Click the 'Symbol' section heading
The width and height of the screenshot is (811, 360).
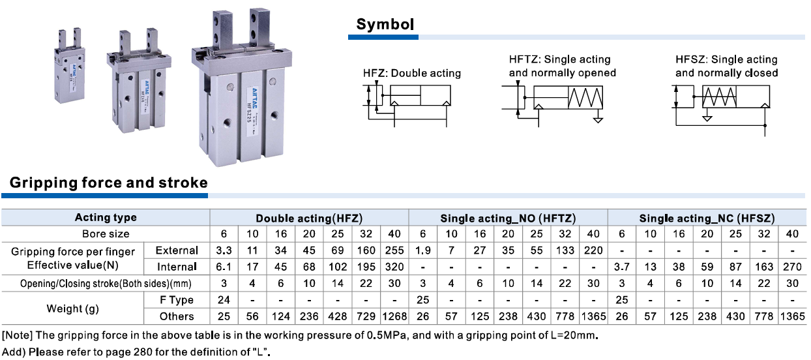click(385, 24)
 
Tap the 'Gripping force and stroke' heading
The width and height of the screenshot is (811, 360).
click(109, 183)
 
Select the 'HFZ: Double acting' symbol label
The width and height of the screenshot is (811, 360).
click(412, 73)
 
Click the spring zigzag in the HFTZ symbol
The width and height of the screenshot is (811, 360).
click(585, 98)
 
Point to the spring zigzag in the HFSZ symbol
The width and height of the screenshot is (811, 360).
click(719, 97)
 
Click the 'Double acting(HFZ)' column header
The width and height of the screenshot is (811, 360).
click(309, 218)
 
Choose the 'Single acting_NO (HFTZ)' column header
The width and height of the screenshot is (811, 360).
click(508, 218)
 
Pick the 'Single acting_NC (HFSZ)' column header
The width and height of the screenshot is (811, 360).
click(707, 218)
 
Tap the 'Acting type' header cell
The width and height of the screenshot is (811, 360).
click(106, 217)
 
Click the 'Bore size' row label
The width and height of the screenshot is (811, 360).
click(106, 234)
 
